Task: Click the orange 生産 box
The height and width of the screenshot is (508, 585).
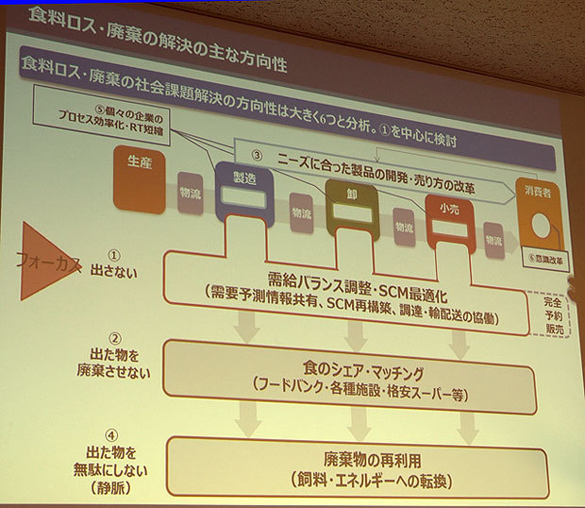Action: pyautogui.click(x=139, y=178)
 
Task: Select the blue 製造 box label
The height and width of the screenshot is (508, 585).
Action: pyautogui.click(x=242, y=177)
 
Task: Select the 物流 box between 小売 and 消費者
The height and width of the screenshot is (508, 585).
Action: pyautogui.click(x=493, y=241)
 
